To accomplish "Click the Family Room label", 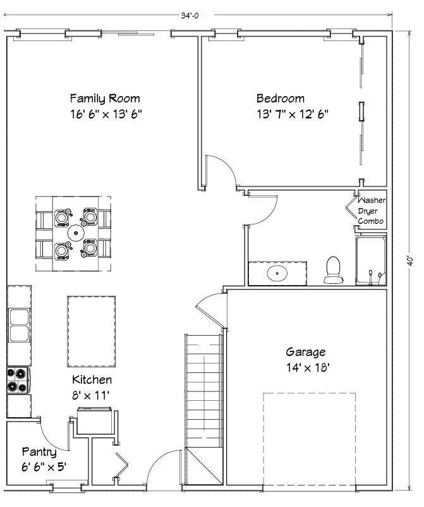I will coord(105,99).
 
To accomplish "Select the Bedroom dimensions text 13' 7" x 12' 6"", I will coord(292,114).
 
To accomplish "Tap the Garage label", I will coord(306,352).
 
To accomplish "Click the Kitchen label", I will coord(92,380).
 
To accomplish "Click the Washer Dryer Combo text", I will coord(371,211).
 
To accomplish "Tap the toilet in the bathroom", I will coord(332,270).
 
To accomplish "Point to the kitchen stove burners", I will coord(18,379).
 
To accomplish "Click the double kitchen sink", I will coord(18,325).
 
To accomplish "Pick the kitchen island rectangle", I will coord(92,331).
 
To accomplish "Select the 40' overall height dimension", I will coord(410,260).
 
